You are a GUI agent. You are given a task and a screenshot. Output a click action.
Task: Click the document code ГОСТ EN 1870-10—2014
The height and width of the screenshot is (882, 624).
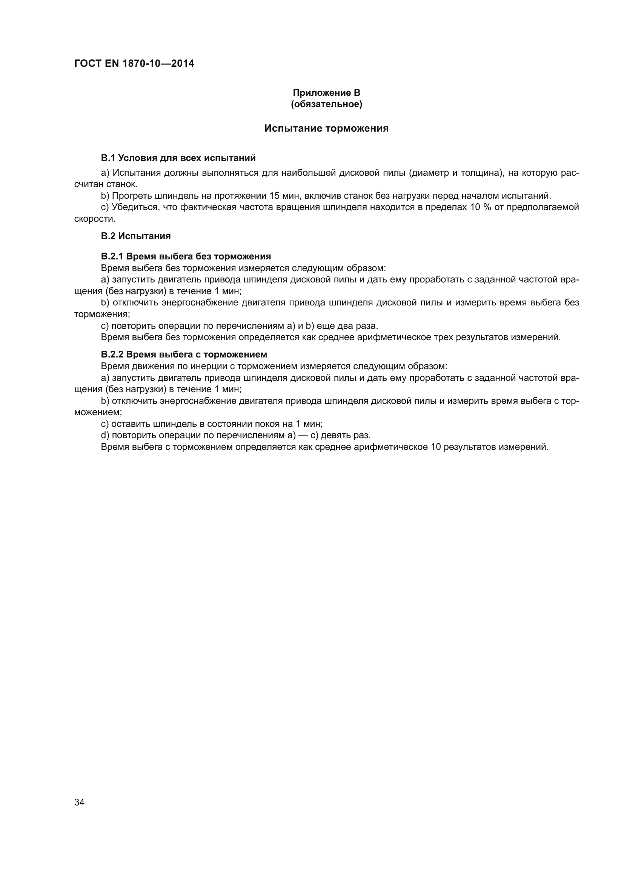[x=134, y=63]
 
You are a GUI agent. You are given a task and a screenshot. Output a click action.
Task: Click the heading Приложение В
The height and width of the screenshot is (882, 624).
[x=326, y=93]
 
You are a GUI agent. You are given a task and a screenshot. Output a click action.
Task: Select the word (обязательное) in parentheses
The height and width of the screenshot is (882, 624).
[x=326, y=104]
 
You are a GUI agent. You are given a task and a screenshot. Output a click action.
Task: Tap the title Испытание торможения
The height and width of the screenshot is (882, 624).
[x=326, y=128]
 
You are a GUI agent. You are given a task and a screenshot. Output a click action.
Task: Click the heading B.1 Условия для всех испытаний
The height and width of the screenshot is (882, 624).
[x=178, y=158]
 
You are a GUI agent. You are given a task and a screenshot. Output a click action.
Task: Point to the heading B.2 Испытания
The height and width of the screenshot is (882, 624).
[x=136, y=236]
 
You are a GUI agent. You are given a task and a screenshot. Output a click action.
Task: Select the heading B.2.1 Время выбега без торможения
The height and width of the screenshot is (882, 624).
[x=186, y=256]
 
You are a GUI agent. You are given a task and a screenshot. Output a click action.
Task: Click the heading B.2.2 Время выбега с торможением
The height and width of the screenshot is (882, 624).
[x=184, y=354]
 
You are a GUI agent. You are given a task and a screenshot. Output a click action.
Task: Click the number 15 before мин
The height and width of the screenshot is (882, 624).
[x=275, y=196]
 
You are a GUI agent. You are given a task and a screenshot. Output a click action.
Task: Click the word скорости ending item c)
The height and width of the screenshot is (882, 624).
[x=95, y=219]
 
